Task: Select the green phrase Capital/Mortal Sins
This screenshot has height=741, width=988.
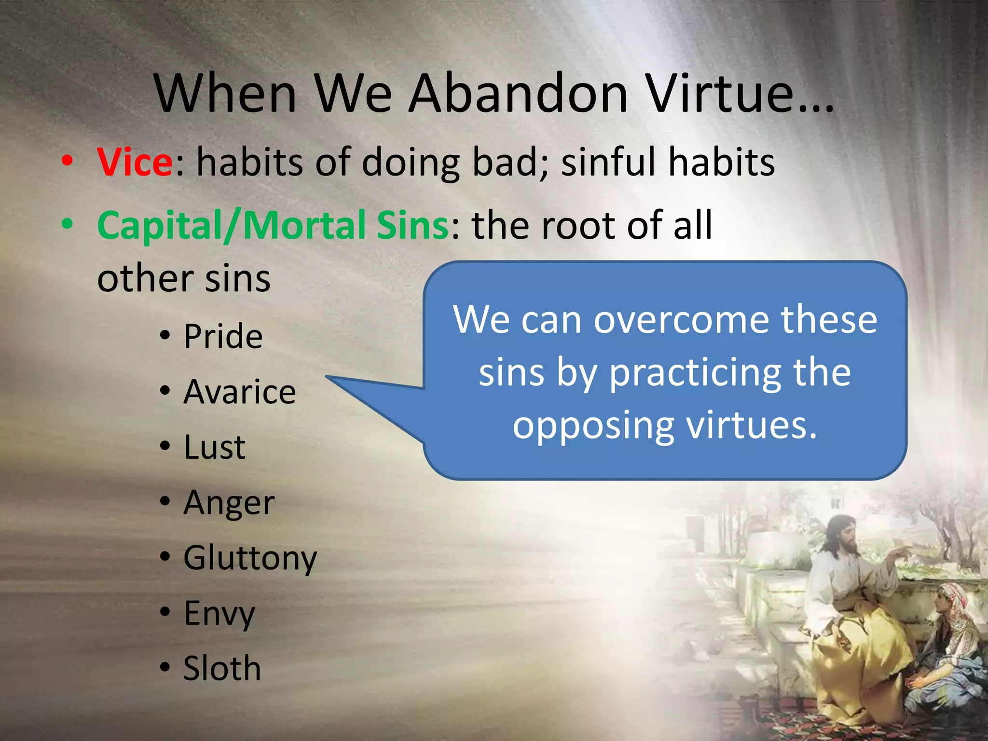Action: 273,225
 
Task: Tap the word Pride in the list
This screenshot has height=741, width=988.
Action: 223,336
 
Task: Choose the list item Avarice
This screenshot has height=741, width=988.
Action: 239,392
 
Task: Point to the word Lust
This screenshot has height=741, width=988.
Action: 214,447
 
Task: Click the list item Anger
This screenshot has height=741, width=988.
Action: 229,503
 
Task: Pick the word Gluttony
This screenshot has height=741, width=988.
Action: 250,558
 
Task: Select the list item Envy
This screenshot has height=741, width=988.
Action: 219,614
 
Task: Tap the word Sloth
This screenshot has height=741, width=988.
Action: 222,669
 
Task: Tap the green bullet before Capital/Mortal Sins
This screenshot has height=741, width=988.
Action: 68,224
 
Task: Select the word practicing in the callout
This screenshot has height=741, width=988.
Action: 695,373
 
